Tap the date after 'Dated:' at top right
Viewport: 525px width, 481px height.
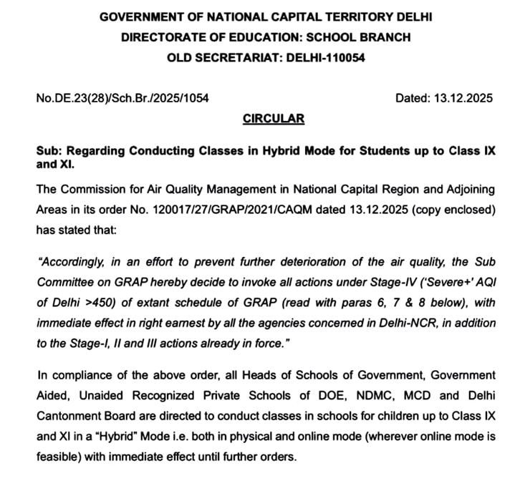(463, 99)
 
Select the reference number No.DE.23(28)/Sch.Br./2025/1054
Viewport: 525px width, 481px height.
(122, 99)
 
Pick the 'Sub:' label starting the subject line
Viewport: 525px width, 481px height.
(49, 152)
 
